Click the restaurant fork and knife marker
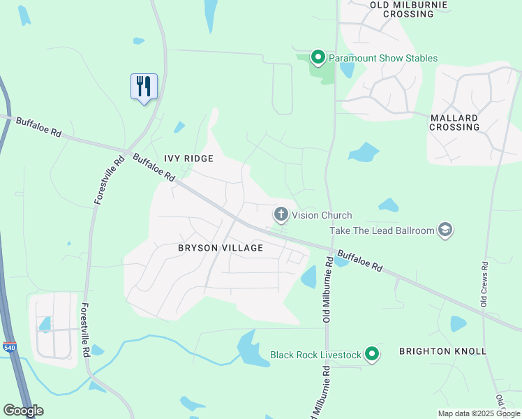coord(144,87)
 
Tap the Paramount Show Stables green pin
coord(318,57)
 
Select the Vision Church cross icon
coord(281,214)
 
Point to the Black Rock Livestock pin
coord(372,355)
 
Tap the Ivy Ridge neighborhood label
coord(188,159)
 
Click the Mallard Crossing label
coord(454,122)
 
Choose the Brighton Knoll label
coord(442,351)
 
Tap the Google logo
coord(23,411)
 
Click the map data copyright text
coord(479,413)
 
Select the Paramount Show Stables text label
coord(383,58)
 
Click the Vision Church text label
coord(322,215)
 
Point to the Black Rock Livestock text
coord(315,355)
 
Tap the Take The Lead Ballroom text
coord(381,230)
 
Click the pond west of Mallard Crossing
coord(364,152)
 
